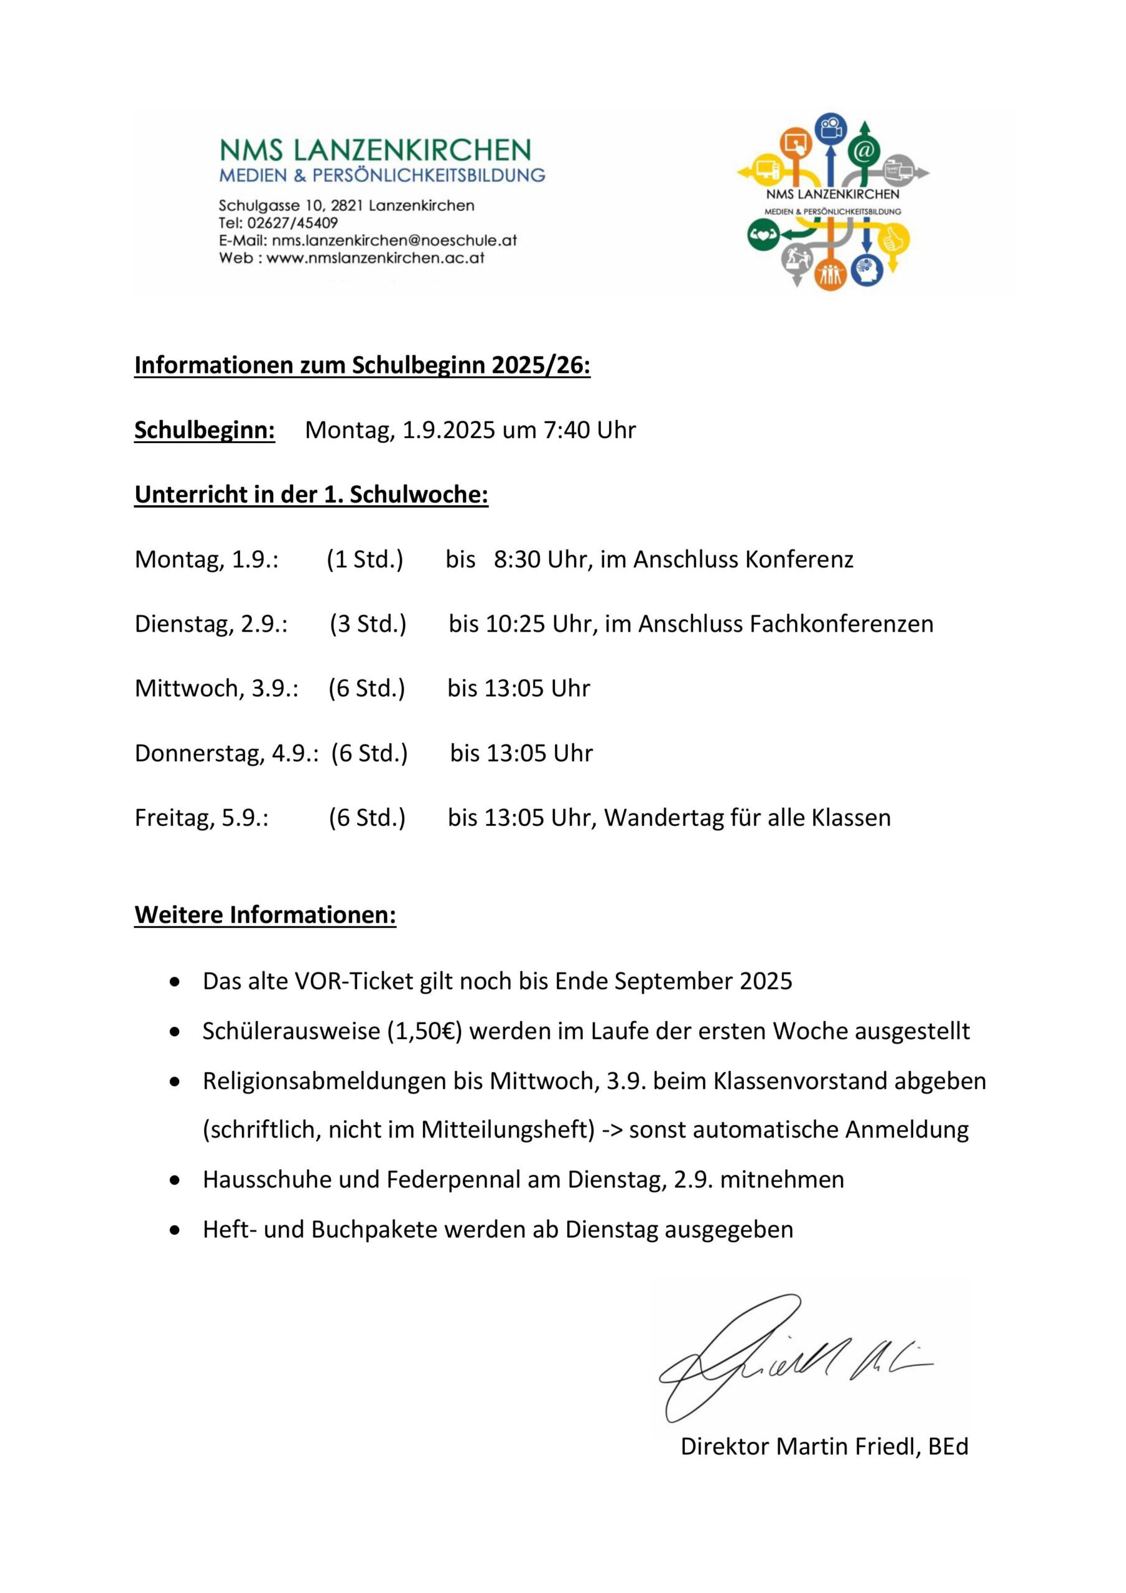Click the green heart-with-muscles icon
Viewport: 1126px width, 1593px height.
(763, 235)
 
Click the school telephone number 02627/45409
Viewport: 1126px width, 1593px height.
(292, 223)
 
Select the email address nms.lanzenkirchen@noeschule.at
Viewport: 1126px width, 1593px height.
(394, 241)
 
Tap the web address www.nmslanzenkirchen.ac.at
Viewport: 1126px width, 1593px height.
(375, 258)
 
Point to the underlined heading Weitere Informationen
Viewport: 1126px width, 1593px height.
(265, 915)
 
